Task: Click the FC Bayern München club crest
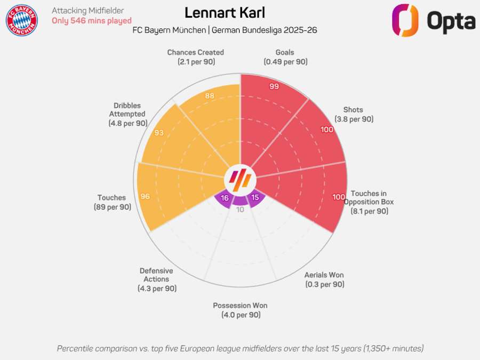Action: click(x=22, y=20)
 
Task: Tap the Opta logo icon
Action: click(x=405, y=20)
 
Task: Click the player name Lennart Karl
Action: click(x=225, y=13)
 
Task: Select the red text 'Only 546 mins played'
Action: click(x=91, y=21)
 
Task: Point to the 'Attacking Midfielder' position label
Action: click(x=87, y=11)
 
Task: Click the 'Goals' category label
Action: click(x=285, y=52)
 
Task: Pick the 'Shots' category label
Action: click(x=353, y=110)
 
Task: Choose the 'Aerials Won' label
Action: click(x=324, y=275)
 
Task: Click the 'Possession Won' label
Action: click(x=240, y=306)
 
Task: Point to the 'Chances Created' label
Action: click(x=195, y=52)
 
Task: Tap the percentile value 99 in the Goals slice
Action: click(x=274, y=86)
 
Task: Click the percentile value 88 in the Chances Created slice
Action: click(x=210, y=96)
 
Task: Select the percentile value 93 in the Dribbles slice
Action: click(x=159, y=133)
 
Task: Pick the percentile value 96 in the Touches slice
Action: click(x=145, y=197)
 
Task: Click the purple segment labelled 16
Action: click(x=225, y=198)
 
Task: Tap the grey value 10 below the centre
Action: click(x=240, y=210)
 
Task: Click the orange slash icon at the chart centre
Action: click(x=240, y=178)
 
